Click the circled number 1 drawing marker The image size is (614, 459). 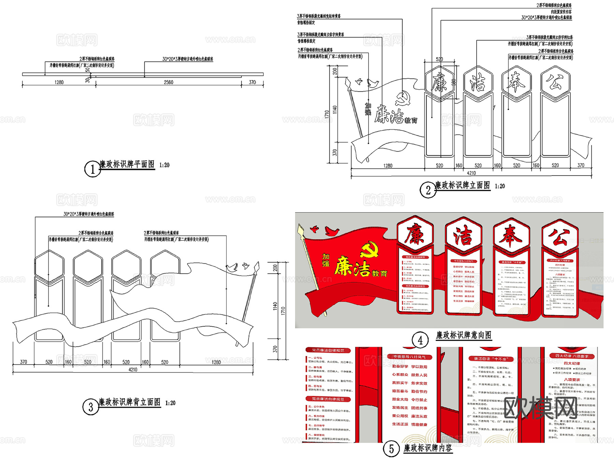(x=92, y=169)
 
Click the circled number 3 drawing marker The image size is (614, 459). (x=90, y=407)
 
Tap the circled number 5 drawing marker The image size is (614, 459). (x=391, y=449)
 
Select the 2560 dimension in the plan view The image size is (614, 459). (x=169, y=82)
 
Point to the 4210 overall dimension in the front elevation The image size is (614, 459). (x=471, y=173)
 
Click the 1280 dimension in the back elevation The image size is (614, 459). (x=216, y=362)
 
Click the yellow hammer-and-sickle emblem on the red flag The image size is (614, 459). (x=369, y=249)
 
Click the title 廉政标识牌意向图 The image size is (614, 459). (x=464, y=335)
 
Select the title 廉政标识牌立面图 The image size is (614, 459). (x=462, y=185)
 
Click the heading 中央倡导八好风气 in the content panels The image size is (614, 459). (x=409, y=357)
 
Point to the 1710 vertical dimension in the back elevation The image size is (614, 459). (x=283, y=310)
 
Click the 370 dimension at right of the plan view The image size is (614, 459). (x=252, y=82)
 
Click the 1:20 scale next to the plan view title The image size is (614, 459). (x=164, y=165)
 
